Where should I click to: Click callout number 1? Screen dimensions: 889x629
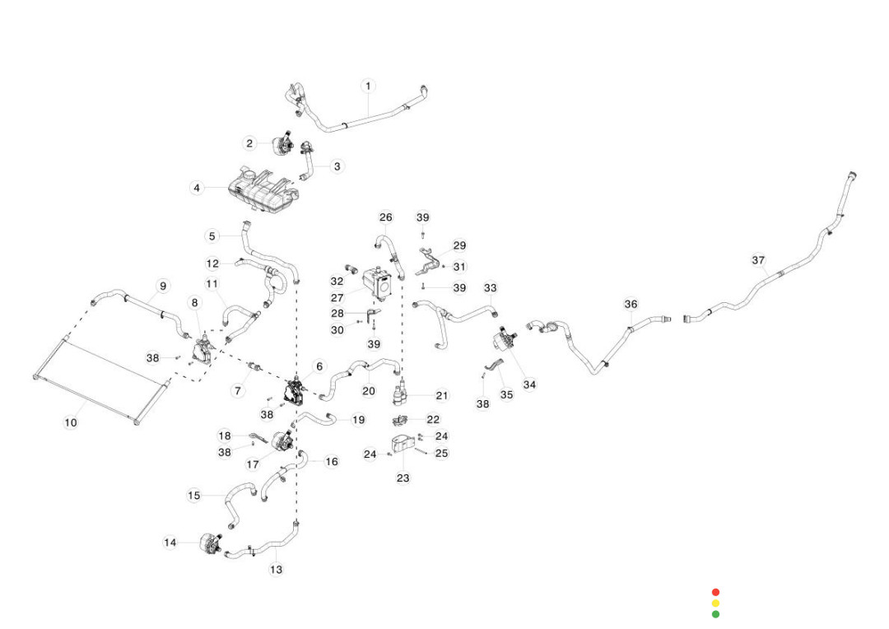point(368,86)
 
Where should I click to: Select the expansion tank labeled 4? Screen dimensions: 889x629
point(262,188)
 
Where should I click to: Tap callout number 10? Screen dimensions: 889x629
point(70,422)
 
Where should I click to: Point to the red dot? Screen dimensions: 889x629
point(715,592)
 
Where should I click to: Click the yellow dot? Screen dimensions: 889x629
point(715,603)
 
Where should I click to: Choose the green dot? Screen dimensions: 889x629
point(715,613)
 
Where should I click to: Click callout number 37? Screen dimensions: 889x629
point(758,260)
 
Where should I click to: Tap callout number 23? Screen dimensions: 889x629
point(403,478)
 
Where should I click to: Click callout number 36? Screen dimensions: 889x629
point(631,305)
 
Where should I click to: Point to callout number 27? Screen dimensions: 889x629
point(337,298)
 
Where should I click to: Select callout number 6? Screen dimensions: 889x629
point(319,366)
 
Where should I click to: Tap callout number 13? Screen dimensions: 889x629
point(276,570)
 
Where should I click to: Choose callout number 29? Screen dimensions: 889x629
point(459,245)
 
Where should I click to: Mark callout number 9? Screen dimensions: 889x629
point(163,286)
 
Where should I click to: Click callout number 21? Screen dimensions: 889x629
point(442,396)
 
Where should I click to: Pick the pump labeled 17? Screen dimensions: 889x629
point(282,441)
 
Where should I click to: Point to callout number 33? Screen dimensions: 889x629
point(490,288)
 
